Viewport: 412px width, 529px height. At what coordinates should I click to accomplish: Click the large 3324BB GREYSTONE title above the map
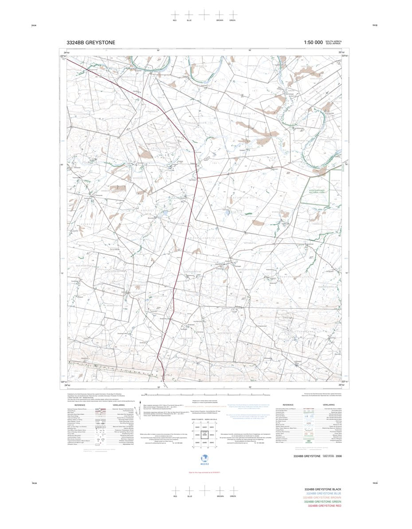tap(91, 43)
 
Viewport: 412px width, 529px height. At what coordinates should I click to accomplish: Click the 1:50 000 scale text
tap(313, 43)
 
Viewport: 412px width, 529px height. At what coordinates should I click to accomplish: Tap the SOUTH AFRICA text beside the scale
tap(334, 41)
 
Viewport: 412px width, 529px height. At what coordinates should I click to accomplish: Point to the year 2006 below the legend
tap(339, 456)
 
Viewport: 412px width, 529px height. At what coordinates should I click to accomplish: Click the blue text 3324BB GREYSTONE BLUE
tap(323, 493)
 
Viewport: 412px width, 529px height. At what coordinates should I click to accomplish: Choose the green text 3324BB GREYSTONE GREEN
tap(322, 502)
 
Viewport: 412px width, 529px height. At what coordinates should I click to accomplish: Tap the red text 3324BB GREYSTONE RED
tap(324, 506)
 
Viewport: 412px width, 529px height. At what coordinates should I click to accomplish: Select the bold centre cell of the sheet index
tap(205, 435)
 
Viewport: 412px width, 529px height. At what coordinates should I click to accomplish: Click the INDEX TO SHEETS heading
tap(195, 418)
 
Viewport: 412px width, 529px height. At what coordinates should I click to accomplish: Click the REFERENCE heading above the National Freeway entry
tap(80, 405)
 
